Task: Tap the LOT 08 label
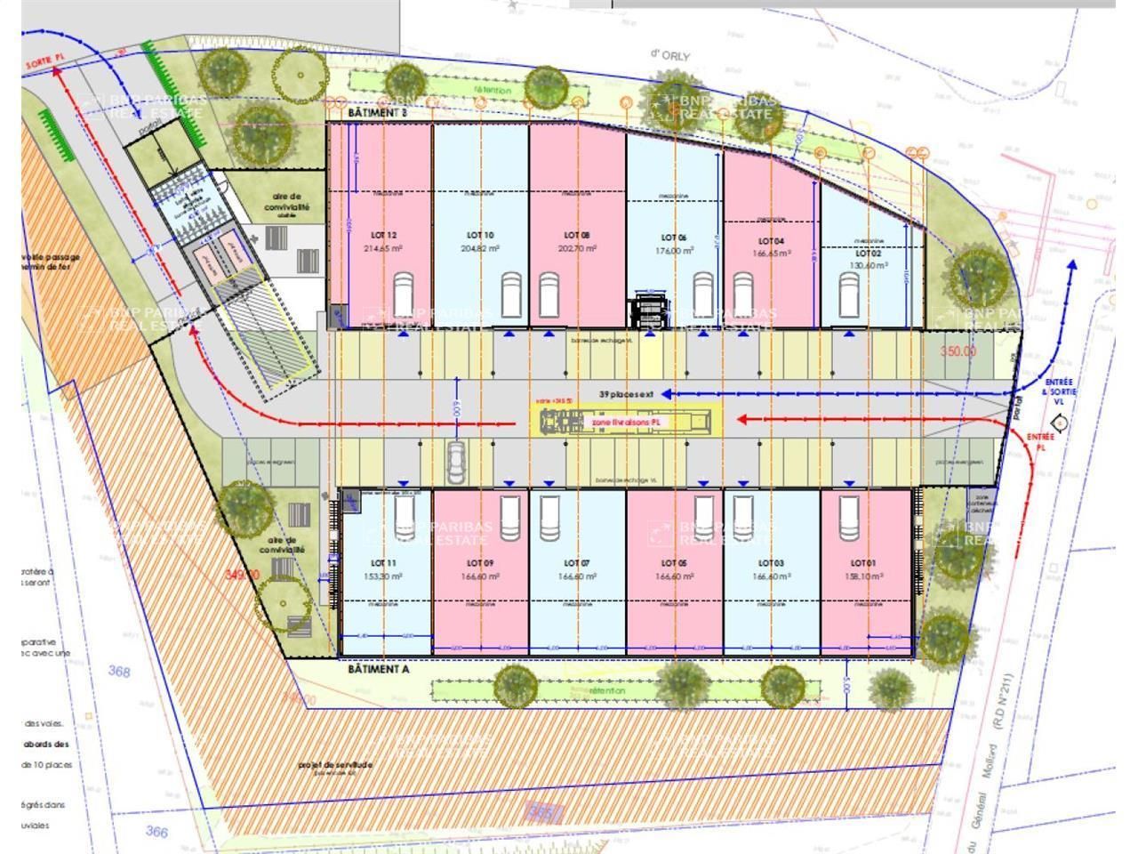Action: click(577, 236)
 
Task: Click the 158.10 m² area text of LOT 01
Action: click(863, 576)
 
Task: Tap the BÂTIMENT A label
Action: click(378, 670)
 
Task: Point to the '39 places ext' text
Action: click(627, 392)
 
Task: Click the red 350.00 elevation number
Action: click(958, 351)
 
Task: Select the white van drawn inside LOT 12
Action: click(404, 296)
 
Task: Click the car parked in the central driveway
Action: click(456, 460)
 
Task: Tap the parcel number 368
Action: click(119, 672)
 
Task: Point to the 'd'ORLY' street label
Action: click(669, 55)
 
